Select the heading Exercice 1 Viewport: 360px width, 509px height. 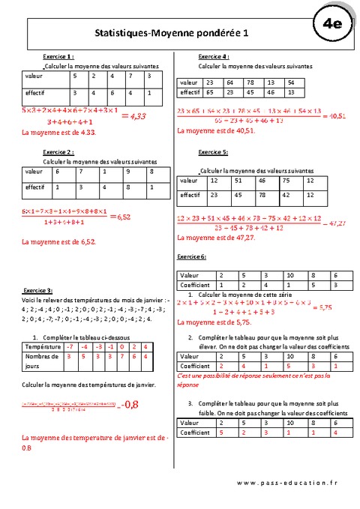click(58, 56)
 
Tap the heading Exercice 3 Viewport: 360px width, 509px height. click(37, 290)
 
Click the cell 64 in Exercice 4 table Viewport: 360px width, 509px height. click(228, 82)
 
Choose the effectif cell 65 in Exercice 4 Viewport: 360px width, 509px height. click(209, 92)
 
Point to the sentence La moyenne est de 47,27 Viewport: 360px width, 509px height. click(211, 237)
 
